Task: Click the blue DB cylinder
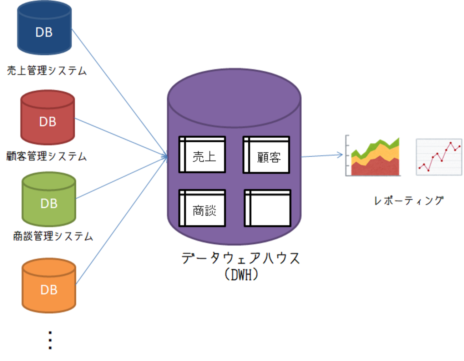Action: click(44, 29)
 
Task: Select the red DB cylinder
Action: click(47, 118)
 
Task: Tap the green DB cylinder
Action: click(49, 200)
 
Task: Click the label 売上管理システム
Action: click(47, 71)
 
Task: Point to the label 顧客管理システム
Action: click(47, 156)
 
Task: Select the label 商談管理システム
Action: click(53, 236)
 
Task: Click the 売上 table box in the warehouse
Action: click(202, 155)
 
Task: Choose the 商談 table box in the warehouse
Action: click(202, 208)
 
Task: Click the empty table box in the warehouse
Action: click(268, 208)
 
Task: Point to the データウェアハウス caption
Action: click(241, 258)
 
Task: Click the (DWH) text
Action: click(241, 275)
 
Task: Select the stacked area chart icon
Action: click(373, 157)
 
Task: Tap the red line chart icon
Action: click(439, 157)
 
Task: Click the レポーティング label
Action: click(409, 201)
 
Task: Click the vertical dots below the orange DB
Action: click(50, 340)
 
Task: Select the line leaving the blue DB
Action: click(118, 91)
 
